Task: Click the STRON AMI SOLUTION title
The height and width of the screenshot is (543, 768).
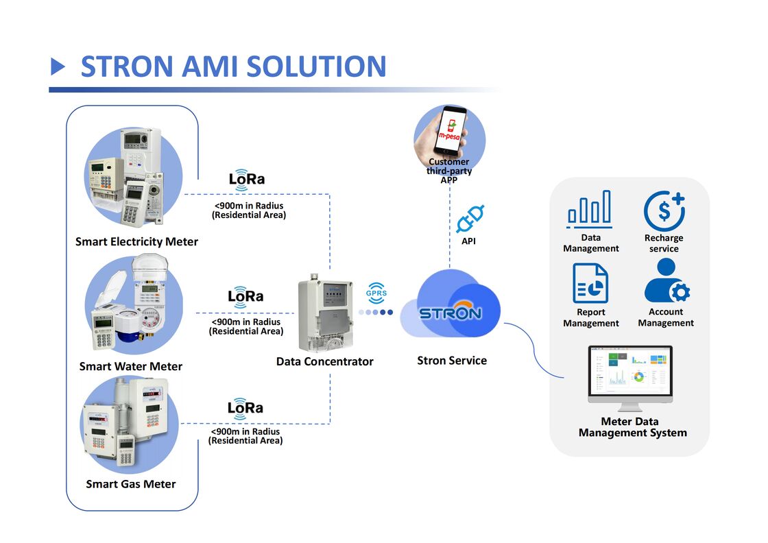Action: click(x=233, y=67)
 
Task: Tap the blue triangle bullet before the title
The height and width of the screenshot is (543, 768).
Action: click(x=58, y=67)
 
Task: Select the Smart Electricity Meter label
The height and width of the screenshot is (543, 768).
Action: click(x=136, y=241)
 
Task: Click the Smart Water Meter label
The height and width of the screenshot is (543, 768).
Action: click(x=130, y=366)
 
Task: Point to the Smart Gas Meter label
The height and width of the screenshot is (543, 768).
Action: click(x=130, y=484)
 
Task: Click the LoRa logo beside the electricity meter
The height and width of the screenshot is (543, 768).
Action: click(x=246, y=178)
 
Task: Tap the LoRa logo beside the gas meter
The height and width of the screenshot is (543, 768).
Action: click(x=245, y=407)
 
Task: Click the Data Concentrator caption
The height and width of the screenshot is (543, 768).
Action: click(x=324, y=361)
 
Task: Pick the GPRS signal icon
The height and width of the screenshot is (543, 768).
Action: click(x=376, y=293)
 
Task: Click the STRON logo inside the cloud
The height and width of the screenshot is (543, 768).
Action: click(x=450, y=313)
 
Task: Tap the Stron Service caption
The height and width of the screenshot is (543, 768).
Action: click(x=451, y=361)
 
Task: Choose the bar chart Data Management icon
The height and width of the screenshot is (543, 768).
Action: click(x=590, y=209)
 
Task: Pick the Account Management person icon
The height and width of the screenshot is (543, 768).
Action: click(x=666, y=282)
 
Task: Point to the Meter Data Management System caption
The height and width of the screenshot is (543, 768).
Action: click(x=632, y=427)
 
